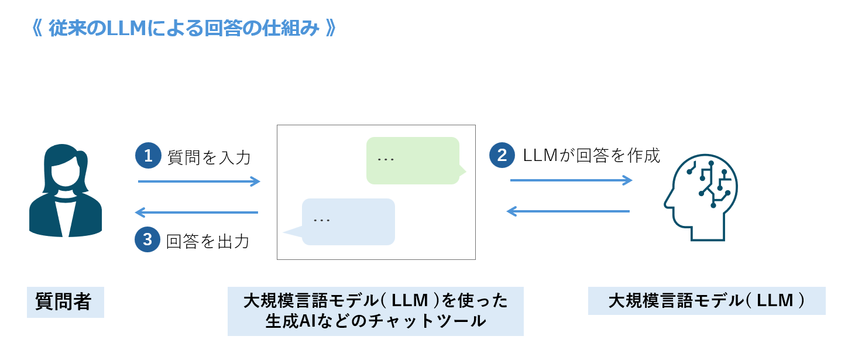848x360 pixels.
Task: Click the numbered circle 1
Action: click(x=148, y=155)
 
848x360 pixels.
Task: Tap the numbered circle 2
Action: click(x=502, y=155)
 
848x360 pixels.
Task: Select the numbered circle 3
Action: click(x=147, y=239)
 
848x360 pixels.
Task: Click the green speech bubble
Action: click(x=414, y=160)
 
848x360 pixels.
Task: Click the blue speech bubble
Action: click(x=342, y=222)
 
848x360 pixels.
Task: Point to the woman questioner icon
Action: click(x=66, y=190)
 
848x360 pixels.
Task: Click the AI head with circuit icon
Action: click(x=701, y=197)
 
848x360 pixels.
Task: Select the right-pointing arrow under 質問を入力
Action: click(x=199, y=181)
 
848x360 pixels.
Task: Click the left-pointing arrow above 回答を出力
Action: click(x=197, y=212)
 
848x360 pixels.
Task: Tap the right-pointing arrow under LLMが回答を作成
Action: click(x=571, y=180)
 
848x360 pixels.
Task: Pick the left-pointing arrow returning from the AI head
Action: click(x=568, y=211)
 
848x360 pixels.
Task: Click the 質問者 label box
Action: click(x=66, y=302)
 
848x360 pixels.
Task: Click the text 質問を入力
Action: click(x=209, y=157)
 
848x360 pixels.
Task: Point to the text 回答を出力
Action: click(x=208, y=241)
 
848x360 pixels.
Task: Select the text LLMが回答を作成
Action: click(x=591, y=155)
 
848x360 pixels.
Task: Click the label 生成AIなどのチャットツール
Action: click(x=376, y=321)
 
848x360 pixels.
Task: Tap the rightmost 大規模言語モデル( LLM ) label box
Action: click(x=707, y=300)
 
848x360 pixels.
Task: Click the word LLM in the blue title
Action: click(x=126, y=28)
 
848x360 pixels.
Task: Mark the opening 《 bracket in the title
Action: click(x=37, y=28)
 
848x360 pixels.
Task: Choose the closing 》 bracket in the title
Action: click(x=331, y=28)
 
